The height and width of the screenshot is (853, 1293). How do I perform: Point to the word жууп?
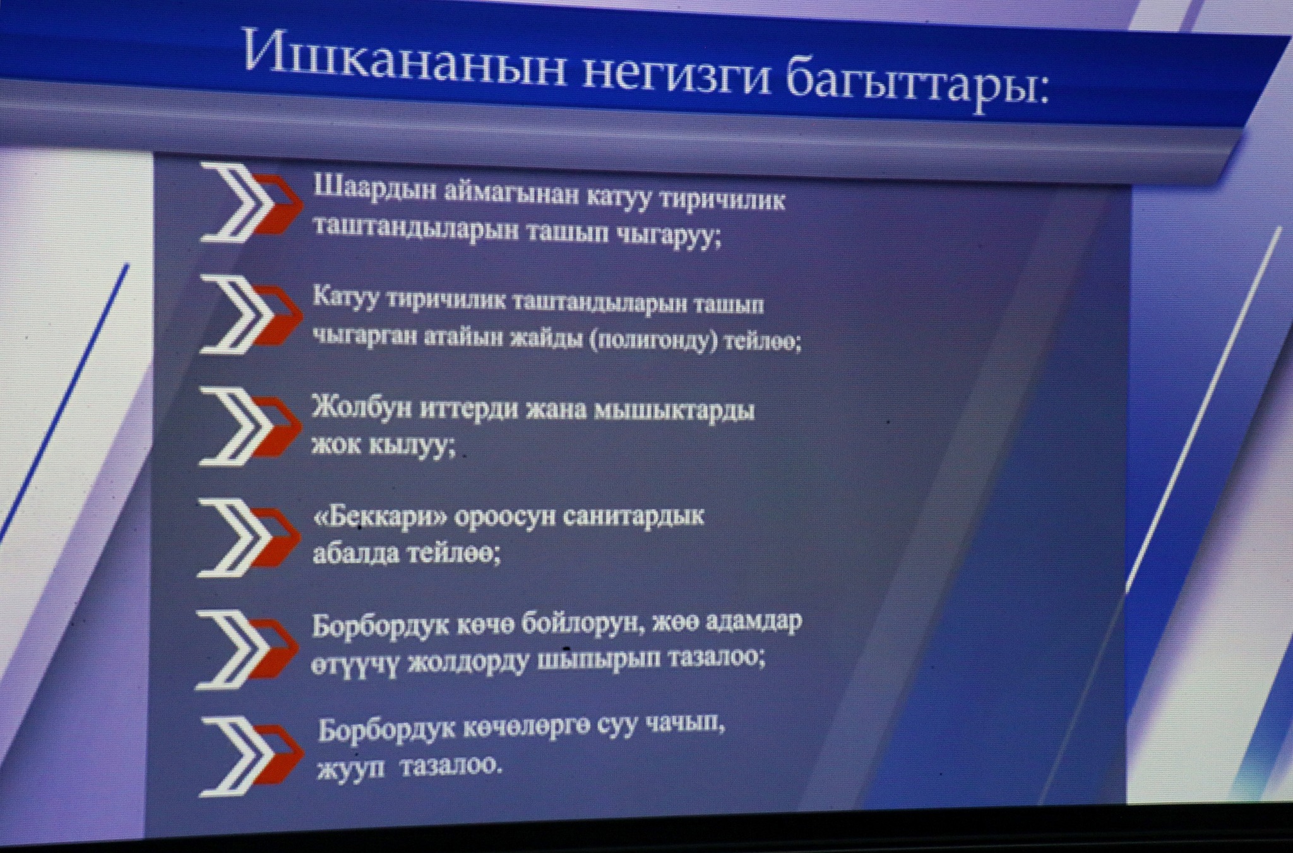(x=350, y=768)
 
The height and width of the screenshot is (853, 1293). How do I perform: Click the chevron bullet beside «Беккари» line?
(x=249, y=537)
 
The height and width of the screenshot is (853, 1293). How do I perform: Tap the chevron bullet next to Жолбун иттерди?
(x=250, y=427)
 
